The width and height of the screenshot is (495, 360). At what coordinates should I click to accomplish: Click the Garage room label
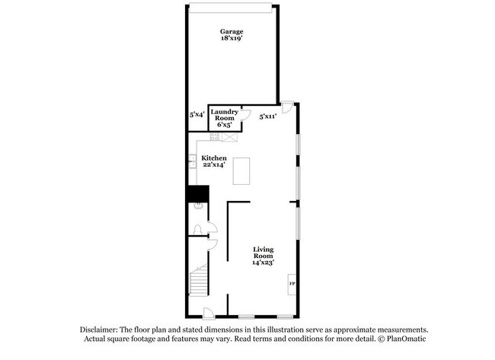click(232, 32)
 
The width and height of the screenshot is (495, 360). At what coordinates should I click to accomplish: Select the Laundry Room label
click(224, 115)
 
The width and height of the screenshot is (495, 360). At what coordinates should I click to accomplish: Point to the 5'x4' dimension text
click(196, 114)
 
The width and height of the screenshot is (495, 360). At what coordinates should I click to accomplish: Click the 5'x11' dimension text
click(267, 116)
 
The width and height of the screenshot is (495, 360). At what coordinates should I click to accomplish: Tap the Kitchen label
click(214, 158)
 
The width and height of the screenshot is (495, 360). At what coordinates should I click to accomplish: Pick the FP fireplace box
click(292, 285)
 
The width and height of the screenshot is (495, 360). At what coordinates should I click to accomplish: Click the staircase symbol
click(198, 280)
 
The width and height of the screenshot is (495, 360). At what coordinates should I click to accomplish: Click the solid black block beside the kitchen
click(197, 193)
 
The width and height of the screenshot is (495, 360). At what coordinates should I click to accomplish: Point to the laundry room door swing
click(238, 113)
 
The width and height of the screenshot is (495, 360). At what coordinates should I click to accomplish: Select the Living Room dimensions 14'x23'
click(263, 262)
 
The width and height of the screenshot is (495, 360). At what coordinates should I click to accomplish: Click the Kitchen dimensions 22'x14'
click(214, 165)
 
